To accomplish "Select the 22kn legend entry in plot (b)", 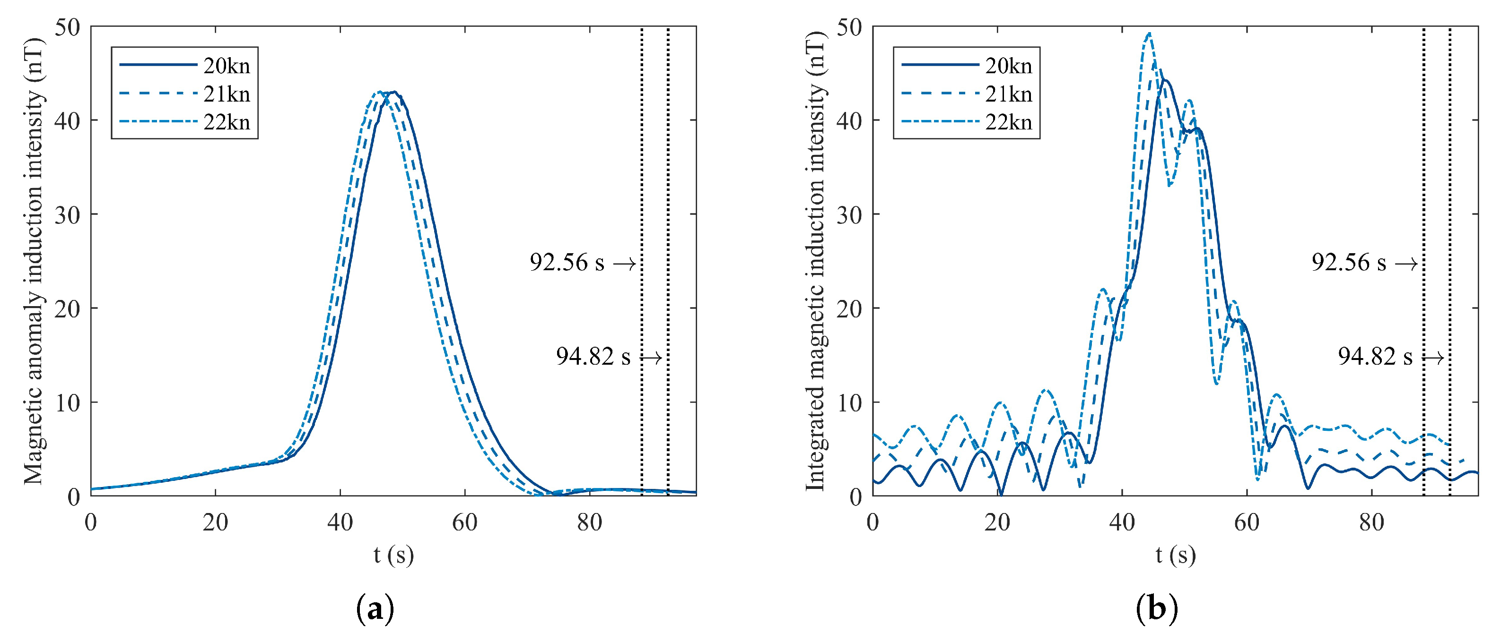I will (1008, 122).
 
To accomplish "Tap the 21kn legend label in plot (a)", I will (226, 94).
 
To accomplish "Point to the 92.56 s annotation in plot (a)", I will (567, 262).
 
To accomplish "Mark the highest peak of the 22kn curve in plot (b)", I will (1149, 34).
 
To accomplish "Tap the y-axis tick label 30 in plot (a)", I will (67, 214).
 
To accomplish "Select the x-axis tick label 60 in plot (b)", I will (1247, 522).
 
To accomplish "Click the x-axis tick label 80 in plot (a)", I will (589, 522).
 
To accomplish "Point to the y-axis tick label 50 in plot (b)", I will (849, 27).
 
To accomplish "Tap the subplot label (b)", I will (1157, 609).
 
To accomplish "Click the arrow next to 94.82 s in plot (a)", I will (651, 358).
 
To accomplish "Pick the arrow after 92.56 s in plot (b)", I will (1406, 265).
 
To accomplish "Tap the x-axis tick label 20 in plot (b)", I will (997, 522).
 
